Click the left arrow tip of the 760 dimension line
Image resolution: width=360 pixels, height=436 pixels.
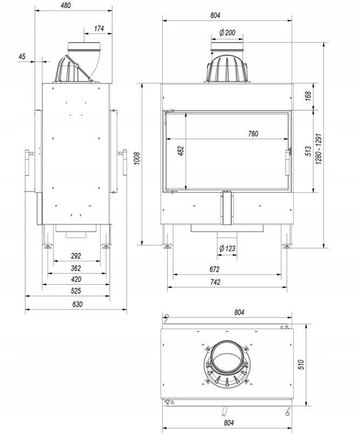[x=166, y=139]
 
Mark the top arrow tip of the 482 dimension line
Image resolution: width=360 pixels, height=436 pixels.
[x=185, y=114]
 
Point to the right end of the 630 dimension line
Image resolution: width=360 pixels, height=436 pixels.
[x=127, y=309]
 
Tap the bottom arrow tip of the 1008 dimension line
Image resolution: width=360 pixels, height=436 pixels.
[x=142, y=245]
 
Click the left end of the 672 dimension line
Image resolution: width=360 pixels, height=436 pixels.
[x=173, y=275]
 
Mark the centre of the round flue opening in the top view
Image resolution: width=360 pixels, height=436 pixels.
[x=226, y=357]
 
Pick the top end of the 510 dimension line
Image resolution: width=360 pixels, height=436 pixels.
[x=306, y=324]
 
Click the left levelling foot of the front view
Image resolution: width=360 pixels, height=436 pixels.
[x=168, y=246]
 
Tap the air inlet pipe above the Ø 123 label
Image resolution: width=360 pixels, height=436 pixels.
[x=227, y=234]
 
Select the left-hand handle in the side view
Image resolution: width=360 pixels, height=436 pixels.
[x=27, y=163]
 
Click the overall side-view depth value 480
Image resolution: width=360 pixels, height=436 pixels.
[x=66, y=5]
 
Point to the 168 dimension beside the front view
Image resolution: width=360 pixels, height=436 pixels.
[x=308, y=96]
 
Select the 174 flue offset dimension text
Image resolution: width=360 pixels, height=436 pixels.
[x=99, y=29]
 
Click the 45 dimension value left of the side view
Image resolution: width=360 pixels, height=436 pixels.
[x=22, y=57]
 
